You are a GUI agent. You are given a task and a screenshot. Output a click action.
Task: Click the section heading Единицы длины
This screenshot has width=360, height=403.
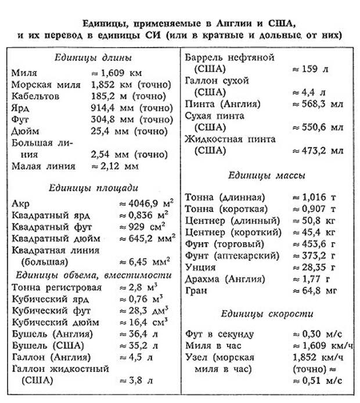tap(93, 58)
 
